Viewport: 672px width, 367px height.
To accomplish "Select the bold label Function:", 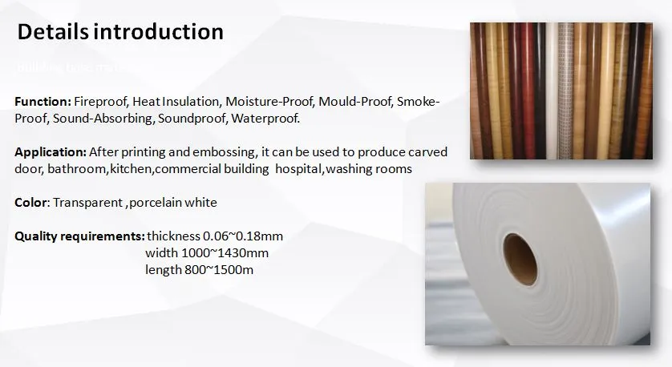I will (43, 103).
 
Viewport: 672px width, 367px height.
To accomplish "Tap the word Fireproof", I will (100, 103).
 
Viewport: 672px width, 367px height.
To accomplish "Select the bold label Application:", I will (51, 152).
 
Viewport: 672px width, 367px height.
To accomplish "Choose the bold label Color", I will (31, 203).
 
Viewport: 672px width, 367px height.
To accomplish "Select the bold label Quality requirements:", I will (79, 236).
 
